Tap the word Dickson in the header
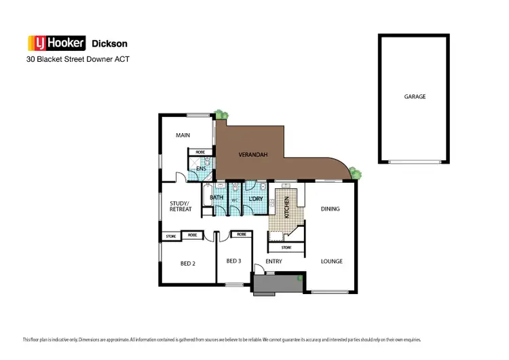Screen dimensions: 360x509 (x=109, y=43)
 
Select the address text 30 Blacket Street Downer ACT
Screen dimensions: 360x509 (x=77, y=59)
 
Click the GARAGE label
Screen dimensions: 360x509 (x=415, y=96)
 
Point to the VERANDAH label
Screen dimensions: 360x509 (x=253, y=155)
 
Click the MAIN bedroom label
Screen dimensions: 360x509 (x=183, y=135)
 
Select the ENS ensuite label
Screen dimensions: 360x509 (x=201, y=168)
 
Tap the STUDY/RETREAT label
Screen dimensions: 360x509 (x=181, y=206)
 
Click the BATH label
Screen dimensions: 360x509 (x=216, y=198)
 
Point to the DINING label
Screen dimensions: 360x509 (x=330, y=209)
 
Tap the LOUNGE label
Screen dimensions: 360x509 (x=331, y=261)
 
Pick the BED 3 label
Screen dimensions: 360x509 (x=233, y=261)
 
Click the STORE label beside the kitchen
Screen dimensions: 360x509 (x=286, y=247)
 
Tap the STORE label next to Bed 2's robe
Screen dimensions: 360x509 (x=171, y=236)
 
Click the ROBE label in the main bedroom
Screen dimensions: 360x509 (x=200, y=152)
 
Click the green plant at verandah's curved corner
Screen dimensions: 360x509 (x=356, y=174)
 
